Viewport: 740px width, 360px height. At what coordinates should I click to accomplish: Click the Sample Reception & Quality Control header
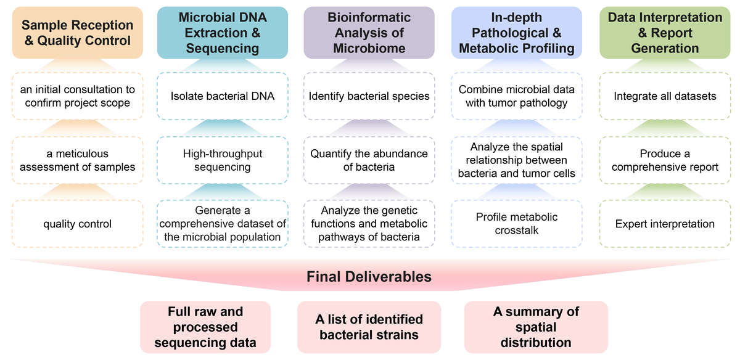[x=77, y=33]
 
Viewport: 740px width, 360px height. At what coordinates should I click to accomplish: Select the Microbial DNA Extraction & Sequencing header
[x=223, y=33]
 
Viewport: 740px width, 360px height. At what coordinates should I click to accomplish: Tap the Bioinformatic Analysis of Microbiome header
[x=369, y=33]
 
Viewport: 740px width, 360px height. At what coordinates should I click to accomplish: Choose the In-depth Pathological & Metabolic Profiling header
[x=516, y=33]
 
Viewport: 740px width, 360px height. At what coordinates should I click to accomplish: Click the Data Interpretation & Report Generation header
[x=665, y=33]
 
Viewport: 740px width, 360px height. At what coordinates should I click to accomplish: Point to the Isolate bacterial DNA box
[x=223, y=96]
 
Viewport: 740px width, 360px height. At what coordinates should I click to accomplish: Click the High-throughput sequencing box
[x=223, y=160]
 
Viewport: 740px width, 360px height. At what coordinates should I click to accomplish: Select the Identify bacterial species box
[x=369, y=96]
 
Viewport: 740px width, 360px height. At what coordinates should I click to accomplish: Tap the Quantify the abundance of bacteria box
[x=369, y=160]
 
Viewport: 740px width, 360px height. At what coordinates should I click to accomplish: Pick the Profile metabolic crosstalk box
[x=516, y=223]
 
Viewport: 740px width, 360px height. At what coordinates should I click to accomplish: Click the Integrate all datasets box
[x=665, y=96]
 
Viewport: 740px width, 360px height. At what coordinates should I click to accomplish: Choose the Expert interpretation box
[x=665, y=224]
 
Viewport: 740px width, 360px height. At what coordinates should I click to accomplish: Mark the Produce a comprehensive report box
[x=665, y=160]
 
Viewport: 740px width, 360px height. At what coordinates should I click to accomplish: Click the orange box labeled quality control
[x=77, y=224]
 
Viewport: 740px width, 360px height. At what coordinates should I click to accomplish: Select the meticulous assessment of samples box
[x=77, y=160]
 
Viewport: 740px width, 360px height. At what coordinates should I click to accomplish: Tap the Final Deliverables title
[x=369, y=277]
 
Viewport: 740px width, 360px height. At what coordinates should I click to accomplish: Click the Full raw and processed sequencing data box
[x=205, y=327]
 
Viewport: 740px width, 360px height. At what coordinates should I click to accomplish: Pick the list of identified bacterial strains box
[x=369, y=327]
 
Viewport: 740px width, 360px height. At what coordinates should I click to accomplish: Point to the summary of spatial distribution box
[x=535, y=327]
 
